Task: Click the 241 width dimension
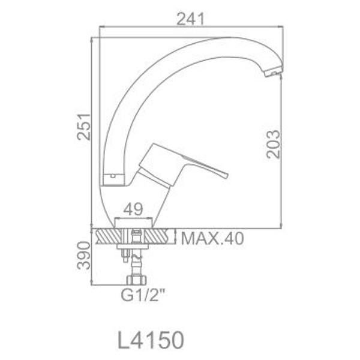point(190,19)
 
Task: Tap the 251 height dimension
point(83,127)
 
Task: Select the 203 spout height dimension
point(273,144)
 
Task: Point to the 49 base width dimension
point(133,209)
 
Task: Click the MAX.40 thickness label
point(212,238)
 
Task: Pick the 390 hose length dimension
point(83,256)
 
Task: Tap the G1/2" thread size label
point(143,296)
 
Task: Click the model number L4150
point(151,340)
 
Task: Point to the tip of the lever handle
point(226,175)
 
